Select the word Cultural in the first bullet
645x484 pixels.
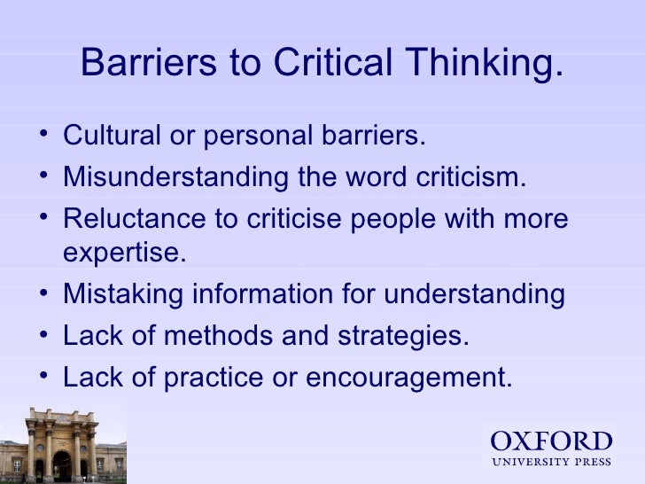point(112,137)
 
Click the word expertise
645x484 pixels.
point(125,253)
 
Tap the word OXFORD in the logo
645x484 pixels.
point(551,441)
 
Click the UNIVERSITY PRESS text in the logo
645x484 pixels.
point(551,461)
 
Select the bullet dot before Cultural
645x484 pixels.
point(44,137)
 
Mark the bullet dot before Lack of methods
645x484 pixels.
point(44,336)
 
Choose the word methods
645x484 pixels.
point(216,336)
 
